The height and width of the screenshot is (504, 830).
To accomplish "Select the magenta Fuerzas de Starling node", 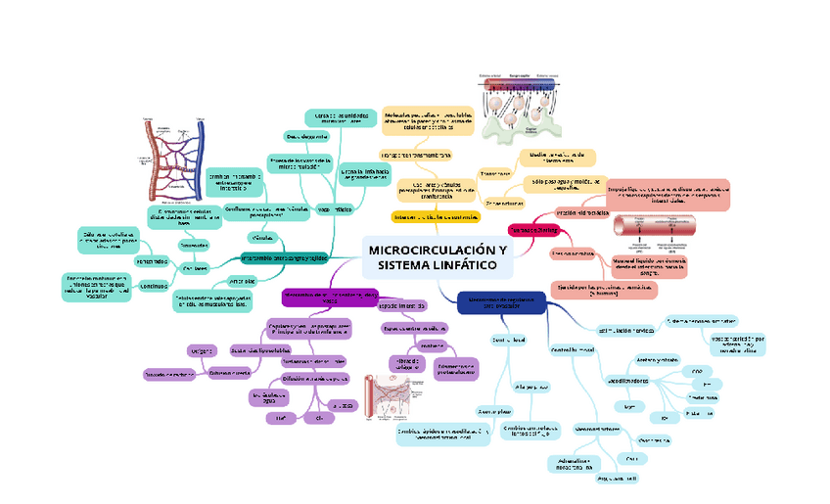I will pos(531,229).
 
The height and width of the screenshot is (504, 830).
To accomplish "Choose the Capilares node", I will pos(194,267).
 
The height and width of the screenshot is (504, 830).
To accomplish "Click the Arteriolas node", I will pos(242,281).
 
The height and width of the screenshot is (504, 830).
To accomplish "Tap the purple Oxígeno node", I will pos(201,348).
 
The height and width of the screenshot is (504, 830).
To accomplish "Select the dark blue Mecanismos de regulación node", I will pos(501,302).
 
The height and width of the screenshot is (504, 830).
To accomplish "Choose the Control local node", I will pos(509,341).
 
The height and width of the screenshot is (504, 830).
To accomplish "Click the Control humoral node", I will pos(574,349).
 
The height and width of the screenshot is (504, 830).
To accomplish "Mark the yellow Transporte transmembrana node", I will pos(415,155).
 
